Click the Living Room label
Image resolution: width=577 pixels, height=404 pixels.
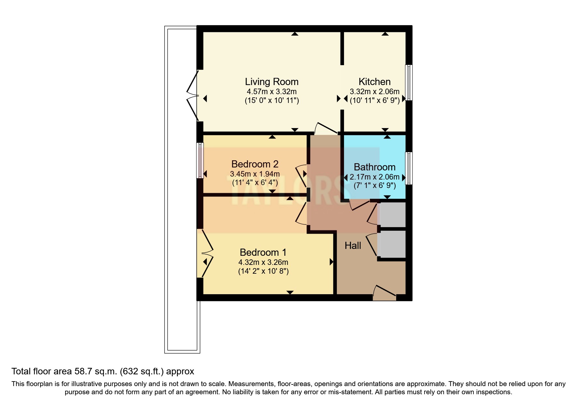(x=272, y=82)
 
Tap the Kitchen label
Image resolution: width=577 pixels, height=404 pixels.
(x=375, y=82)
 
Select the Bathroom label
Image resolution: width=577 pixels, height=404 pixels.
(x=375, y=167)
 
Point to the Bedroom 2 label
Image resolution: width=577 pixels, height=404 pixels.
(x=255, y=164)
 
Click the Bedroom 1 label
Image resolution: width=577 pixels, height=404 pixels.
(x=263, y=252)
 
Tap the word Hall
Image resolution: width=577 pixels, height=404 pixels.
(x=353, y=246)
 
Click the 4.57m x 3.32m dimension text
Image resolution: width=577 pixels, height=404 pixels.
(x=272, y=92)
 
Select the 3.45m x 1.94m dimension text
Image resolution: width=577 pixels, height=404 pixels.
(x=255, y=174)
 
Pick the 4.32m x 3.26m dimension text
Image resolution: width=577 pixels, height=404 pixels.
(x=263, y=262)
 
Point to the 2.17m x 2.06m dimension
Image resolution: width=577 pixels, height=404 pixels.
(x=375, y=177)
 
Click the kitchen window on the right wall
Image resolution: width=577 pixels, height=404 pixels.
(x=409, y=83)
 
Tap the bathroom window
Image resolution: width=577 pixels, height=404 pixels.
(x=409, y=168)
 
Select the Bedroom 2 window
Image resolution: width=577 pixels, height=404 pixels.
(x=200, y=161)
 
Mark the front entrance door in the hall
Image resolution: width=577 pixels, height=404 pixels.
(x=384, y=293)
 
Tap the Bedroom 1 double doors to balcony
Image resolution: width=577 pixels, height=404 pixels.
(x=205, y=253)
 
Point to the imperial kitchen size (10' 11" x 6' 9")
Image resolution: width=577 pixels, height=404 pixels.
(x=375, y=100)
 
